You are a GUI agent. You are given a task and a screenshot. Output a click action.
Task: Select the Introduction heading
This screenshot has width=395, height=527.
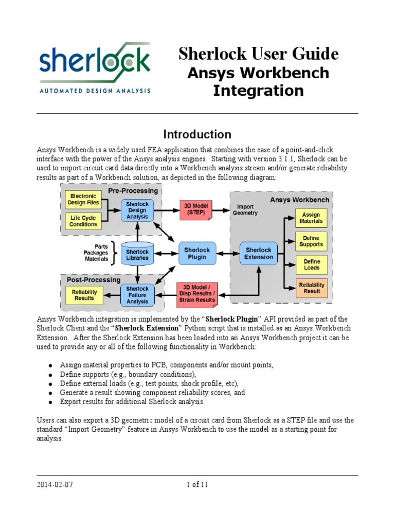[x=197, y=135]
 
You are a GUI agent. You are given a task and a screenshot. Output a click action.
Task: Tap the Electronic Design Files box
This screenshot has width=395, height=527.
[x=83, y=200]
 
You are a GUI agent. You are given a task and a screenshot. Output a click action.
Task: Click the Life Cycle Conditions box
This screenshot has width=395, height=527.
[x=83, y=221]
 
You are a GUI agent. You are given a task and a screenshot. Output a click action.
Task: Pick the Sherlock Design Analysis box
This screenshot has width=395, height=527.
[x=137, y=210]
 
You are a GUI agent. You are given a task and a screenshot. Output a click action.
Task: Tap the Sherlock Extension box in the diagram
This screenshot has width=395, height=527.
[x=259, y=253]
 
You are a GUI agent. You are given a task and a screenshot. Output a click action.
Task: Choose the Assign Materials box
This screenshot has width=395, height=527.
[x=311, y=218]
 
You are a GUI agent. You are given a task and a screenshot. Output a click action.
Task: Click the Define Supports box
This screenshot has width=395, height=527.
[x=311, y=241]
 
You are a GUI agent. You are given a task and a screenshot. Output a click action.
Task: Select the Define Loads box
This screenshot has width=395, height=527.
[x=311, y=265]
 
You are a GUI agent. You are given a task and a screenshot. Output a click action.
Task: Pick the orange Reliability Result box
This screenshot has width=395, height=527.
[x=311, y=288]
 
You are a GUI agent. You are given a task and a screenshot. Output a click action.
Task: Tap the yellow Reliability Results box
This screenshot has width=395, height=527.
[x=84, y=295]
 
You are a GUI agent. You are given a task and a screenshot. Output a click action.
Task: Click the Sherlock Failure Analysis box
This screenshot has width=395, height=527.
[x=137, y=295]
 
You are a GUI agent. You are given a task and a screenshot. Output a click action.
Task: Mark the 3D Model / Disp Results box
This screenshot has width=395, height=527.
[x=195, y=293]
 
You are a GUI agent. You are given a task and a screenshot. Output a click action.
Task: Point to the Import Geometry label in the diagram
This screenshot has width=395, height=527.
[x=245, y=209]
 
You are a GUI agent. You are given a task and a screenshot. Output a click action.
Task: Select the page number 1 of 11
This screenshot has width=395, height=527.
[x=197, y=484]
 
